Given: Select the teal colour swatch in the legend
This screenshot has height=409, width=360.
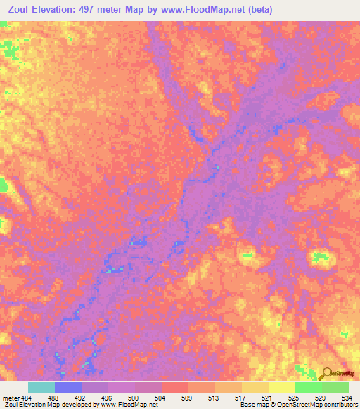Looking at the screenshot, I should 41,387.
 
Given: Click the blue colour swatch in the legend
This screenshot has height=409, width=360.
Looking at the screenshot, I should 67,387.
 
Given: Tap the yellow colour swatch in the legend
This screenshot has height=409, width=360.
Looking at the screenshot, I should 281,387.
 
